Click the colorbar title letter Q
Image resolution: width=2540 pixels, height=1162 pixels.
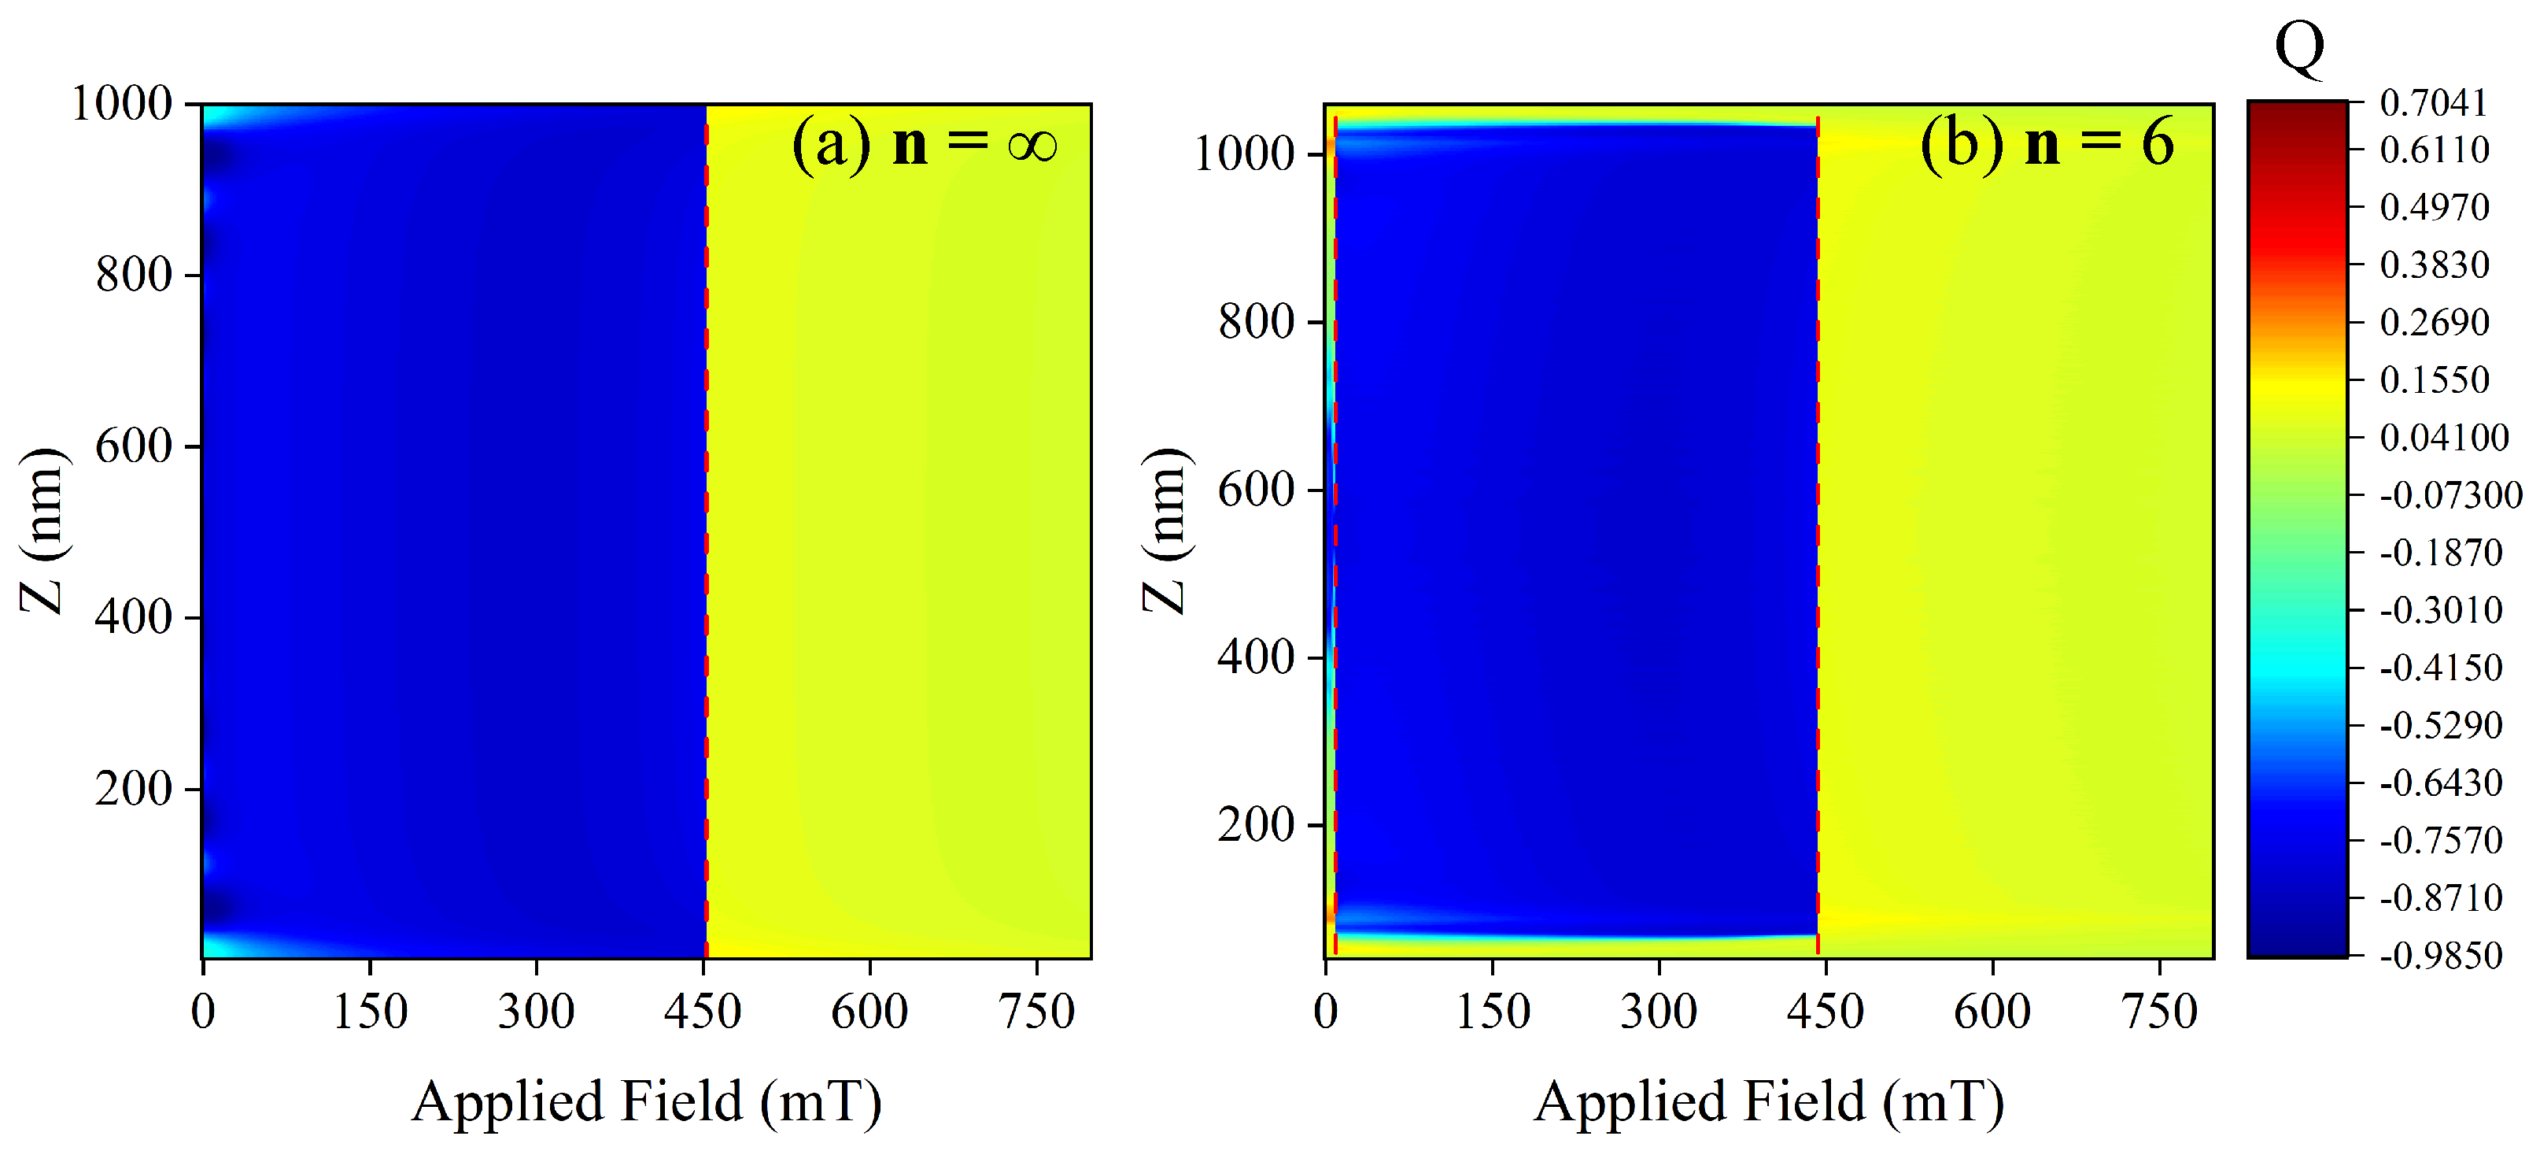click(x=2299, y=47)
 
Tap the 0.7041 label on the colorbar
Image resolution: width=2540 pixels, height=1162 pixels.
click(x=2434, y=102)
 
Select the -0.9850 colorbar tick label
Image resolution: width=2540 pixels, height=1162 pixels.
click(x=2440, y=955)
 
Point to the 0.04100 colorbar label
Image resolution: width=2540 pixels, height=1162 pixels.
click(x=2443, y=437)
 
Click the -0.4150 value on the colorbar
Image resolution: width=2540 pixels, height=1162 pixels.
click(x=2440, y=668)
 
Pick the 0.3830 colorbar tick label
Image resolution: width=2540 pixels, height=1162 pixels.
click(x=2434, y=265)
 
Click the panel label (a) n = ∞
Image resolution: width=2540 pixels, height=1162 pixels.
click(x=924, y=144)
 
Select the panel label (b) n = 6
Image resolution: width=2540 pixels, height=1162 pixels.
click(x=2046, y=144)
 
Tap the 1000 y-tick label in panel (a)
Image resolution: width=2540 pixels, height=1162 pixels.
click(x=122, y=104)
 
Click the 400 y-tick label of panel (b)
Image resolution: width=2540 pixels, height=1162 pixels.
click(x=1255, y=657)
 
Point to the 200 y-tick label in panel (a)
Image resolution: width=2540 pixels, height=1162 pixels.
click(x=134, y=789)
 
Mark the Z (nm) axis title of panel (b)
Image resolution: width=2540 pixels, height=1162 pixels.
click(x=1165, y=530)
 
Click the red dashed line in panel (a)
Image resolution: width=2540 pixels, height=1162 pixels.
click(x=706, y=533)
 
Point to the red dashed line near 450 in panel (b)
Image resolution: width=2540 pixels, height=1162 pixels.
click(x=1817, y=533)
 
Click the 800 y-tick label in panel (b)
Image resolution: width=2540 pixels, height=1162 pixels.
click(x=1255, y=321)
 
